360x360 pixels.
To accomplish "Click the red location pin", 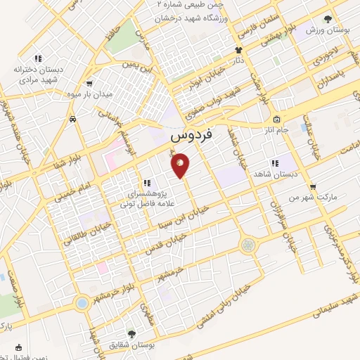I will click(181, 166).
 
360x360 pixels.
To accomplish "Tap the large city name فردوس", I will click(192, 135).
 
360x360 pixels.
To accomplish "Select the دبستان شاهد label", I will click(295, 172).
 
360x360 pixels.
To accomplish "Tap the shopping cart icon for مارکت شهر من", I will click(312, 186).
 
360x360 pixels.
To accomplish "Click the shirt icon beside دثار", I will click(238, 51).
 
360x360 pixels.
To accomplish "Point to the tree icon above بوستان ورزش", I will click(328, 20).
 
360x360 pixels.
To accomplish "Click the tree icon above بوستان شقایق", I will click(132, 333).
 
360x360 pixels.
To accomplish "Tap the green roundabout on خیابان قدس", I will click(248, 245).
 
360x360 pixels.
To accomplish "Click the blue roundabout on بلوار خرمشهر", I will click(82, 303).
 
